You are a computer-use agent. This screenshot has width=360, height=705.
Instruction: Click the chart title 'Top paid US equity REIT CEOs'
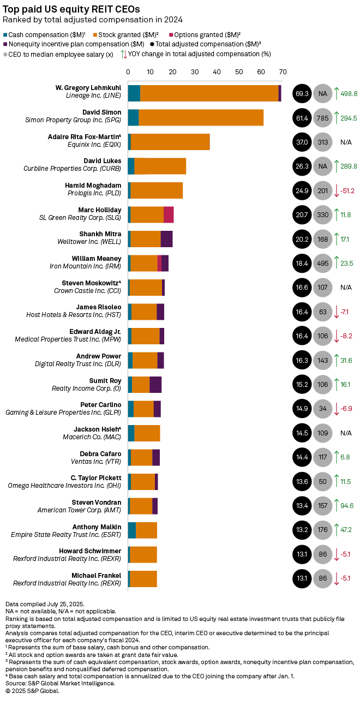[71, 9]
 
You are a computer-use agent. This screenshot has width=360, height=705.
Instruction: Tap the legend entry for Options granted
[208, 34]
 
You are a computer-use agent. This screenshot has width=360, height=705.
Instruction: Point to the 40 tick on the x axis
[217, 71]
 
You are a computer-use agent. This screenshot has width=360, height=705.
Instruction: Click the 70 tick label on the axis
[283, 71]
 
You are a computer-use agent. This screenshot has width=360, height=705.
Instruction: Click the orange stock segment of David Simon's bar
[201, 117]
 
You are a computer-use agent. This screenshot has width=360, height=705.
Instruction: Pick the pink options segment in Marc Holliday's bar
[169, 214]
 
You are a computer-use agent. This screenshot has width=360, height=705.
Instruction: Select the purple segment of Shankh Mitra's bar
[166, 239]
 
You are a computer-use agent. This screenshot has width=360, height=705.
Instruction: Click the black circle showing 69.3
[302, 93]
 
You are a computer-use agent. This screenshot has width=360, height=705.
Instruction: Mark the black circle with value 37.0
[302, 142]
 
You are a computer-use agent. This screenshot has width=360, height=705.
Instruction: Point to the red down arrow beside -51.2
[337, 190]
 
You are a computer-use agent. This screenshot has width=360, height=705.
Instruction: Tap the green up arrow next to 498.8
[337, 93]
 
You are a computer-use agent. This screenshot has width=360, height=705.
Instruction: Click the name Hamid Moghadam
[93, 186]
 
